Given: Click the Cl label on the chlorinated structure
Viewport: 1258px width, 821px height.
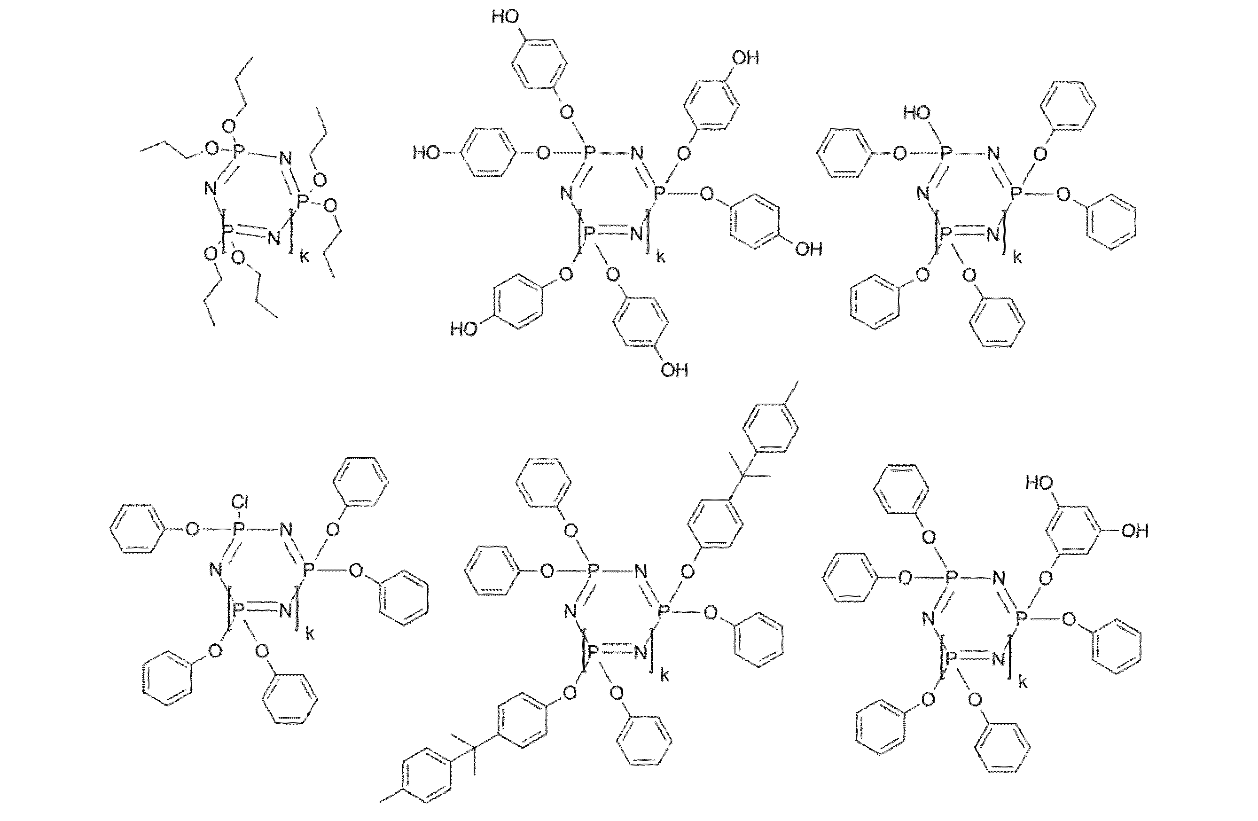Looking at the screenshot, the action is tap(240, 501).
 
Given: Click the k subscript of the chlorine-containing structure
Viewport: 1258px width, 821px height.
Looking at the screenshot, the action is tap(310, 634).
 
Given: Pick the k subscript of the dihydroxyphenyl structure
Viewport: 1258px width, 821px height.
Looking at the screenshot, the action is tap(1023, 682).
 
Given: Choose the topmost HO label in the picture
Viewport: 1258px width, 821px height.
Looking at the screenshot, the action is tap(505, 16).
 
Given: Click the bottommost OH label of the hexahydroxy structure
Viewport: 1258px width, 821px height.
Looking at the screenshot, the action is tap(674, 369).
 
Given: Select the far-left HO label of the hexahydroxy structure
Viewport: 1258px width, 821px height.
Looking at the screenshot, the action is tap(427, 154).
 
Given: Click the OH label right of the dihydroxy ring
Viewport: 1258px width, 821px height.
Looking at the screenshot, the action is tap(1135, 531).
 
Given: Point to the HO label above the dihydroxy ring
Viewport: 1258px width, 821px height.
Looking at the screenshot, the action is tap(1039, 483).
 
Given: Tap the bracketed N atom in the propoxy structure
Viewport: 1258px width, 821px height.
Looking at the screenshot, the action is tap(273, 238).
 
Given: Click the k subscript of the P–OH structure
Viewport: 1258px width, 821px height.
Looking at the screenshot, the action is tap(1016, 258).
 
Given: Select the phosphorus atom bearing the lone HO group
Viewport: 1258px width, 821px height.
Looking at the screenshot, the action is tap(946, 153).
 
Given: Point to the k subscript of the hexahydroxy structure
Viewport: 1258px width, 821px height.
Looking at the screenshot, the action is tap(661, 258).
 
